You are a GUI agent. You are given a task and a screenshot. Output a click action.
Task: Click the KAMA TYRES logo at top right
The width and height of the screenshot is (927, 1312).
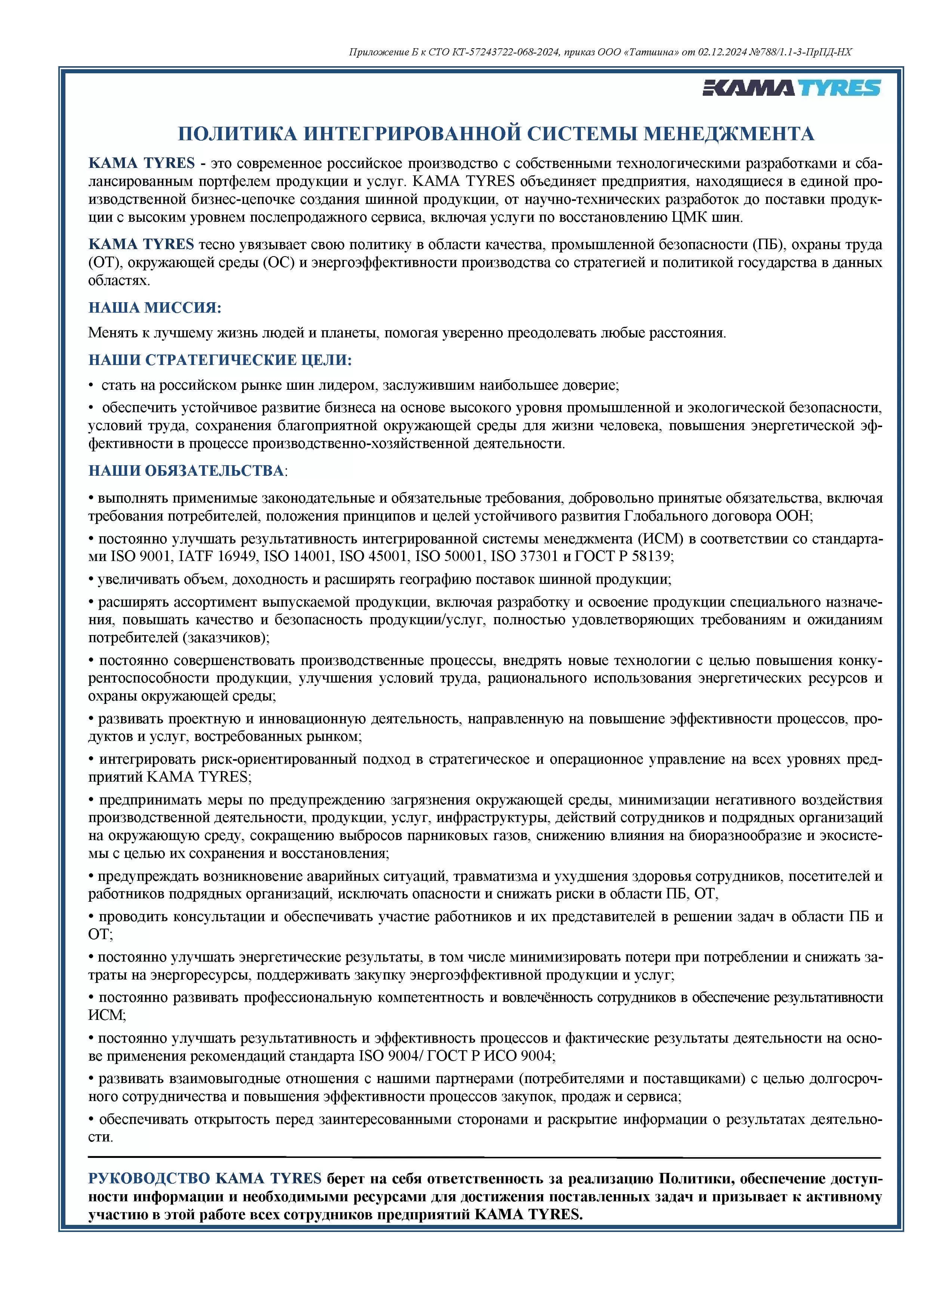click(x=791, y=88)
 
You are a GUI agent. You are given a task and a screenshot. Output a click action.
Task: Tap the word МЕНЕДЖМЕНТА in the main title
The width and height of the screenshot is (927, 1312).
click(x=729, y=134)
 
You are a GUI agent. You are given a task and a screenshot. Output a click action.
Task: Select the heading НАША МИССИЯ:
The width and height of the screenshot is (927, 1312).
click(x=155, y=308)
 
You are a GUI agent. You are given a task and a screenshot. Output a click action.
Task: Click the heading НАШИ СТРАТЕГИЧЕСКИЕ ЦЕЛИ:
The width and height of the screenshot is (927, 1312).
click(x=220, y=360)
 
